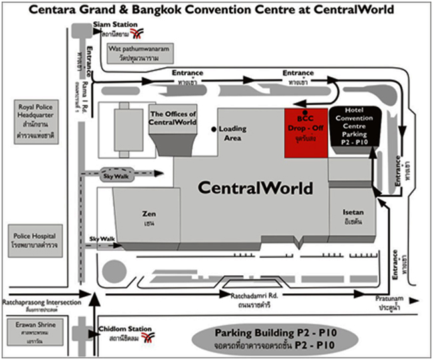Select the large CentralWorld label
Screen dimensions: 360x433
coord(254,188)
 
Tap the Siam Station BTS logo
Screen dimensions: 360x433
coord(137,33)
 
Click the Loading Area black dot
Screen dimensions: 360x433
coord(214,128)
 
